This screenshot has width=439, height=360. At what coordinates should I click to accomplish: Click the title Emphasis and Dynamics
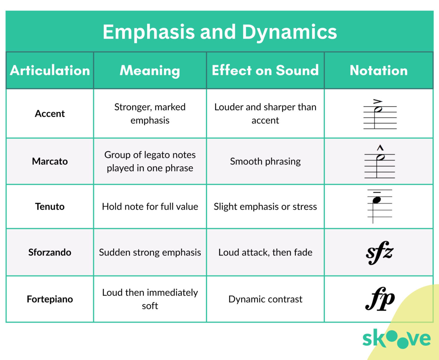point(219,32)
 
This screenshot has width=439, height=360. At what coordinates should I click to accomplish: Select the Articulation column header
point(50,70)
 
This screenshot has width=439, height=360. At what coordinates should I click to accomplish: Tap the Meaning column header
point(150,70)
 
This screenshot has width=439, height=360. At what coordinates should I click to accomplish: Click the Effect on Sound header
point(265,70)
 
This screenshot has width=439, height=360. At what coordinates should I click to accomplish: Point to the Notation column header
point(379,70)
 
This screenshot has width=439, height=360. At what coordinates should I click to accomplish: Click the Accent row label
point(50,114)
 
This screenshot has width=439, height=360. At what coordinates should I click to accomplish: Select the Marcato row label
point(50,161)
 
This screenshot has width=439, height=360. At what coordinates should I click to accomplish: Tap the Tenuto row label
point(50,207)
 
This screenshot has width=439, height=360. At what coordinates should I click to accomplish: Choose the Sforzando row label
point(50,252)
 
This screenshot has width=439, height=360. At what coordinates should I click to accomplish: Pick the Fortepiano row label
point(50,299)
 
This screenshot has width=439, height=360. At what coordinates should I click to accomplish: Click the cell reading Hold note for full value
point(150,207)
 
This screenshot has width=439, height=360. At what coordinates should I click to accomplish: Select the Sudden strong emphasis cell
point(150,252)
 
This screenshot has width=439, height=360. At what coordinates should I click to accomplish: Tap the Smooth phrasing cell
point(265,161)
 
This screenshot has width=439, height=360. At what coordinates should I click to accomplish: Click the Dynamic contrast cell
point(265,299)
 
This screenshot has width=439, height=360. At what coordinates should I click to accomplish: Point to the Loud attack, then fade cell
point(265,252)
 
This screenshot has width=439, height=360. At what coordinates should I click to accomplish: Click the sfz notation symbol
point(380,252)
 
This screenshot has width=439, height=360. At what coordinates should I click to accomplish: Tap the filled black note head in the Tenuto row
point(377,200)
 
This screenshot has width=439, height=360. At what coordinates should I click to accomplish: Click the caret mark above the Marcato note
point(380,148)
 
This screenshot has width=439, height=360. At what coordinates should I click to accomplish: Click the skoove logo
point(396,339)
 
